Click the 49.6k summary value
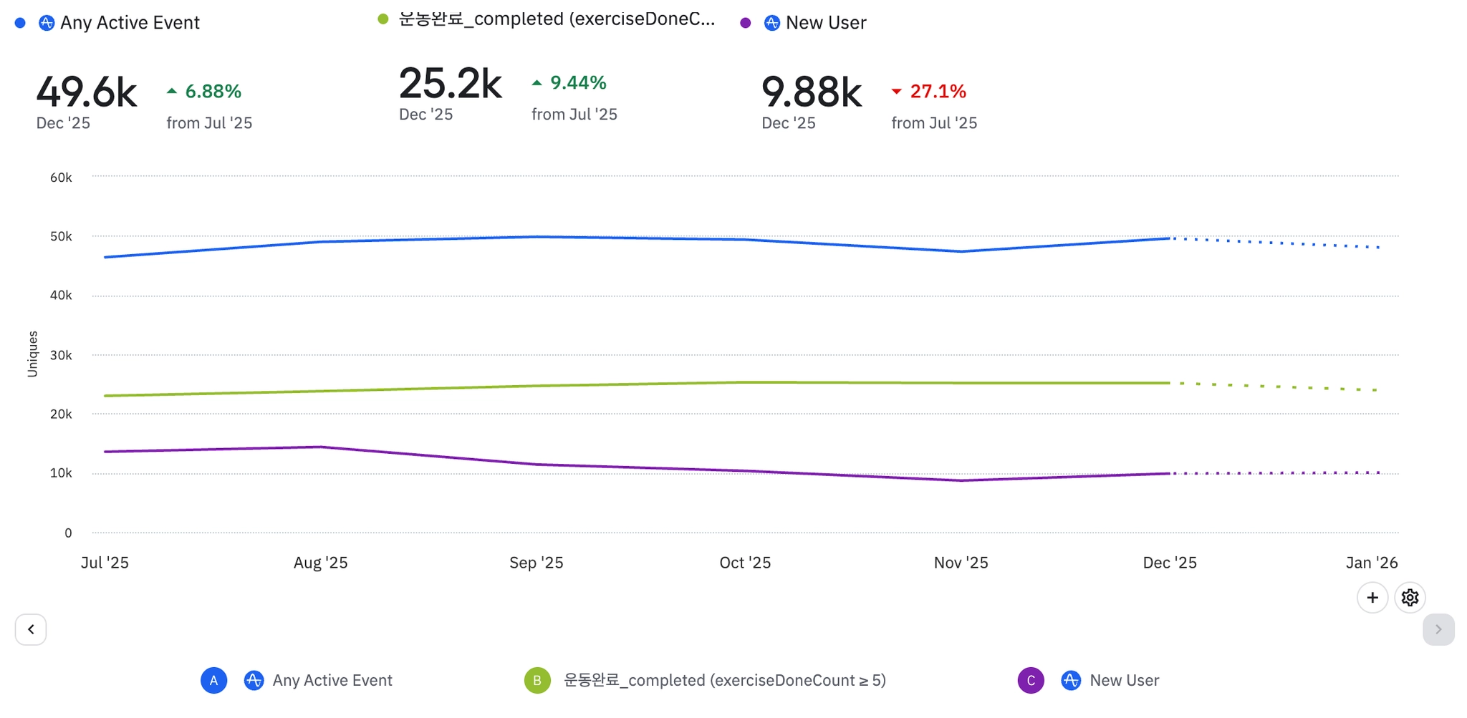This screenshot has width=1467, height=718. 87,92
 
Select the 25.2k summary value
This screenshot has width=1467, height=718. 450,84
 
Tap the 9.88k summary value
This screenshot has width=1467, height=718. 812,92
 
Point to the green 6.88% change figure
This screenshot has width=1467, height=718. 213,92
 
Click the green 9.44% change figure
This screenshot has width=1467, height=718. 577,83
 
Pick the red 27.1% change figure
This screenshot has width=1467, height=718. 938,92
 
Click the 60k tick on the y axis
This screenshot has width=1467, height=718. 61,178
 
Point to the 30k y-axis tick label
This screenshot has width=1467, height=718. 61,355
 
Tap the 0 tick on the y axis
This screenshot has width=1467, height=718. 68,533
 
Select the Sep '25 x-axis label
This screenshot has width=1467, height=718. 536,563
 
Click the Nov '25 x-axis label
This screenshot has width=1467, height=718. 961,563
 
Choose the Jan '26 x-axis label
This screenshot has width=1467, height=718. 1371,563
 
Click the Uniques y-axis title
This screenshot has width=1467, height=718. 32,354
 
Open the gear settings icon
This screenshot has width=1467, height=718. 1410,598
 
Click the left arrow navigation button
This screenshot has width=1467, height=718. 31,629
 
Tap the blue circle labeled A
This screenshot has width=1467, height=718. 213,680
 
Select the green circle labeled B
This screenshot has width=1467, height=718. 537,680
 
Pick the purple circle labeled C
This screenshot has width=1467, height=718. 1031,680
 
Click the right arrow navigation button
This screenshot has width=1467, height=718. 1438,629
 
